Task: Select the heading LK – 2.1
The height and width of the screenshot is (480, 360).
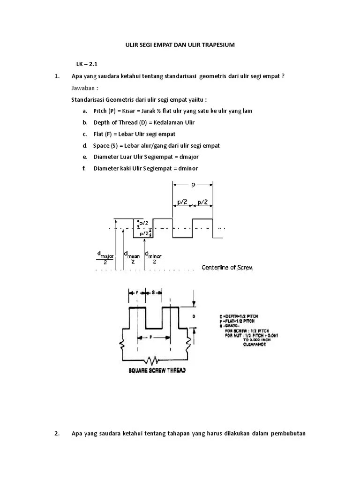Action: (87, 64)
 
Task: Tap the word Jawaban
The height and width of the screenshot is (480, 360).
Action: (84, 88)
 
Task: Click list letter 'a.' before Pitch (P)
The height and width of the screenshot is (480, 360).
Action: (84, 111)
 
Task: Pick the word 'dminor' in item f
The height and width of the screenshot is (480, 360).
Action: (191, 169)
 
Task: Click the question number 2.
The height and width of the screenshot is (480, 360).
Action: (56, 433)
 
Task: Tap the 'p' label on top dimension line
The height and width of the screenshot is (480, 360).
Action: (193, 185)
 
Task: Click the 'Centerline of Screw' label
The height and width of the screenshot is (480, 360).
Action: (227, 267)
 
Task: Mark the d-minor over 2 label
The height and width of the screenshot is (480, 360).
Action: (154, 257)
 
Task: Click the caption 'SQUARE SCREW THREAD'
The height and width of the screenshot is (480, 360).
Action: (157, 370)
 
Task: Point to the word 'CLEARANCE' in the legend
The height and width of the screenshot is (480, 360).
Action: (255, 345)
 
